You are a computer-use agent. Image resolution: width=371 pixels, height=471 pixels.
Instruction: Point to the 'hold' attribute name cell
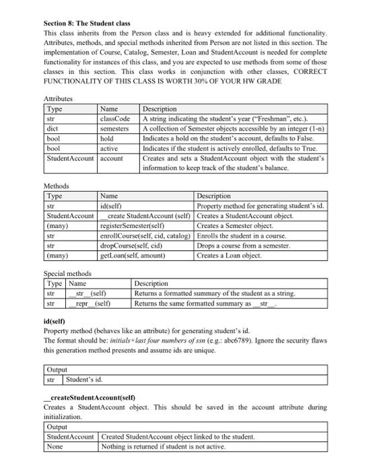click(x=107, y=138)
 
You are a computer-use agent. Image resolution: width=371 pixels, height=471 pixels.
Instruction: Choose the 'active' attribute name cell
click(x=109, y=147)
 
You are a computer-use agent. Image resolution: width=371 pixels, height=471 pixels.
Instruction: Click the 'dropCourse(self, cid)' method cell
click(x=128, y=246)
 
